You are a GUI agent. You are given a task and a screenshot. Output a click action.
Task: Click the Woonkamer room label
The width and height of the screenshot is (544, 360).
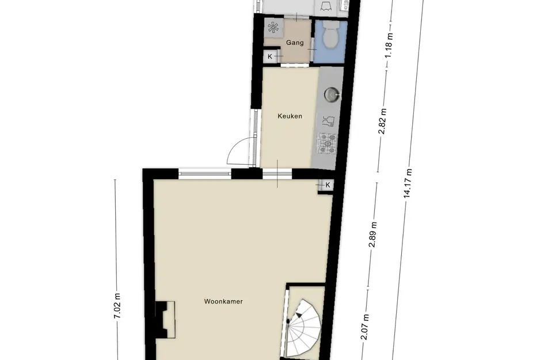click(x=223, y=301)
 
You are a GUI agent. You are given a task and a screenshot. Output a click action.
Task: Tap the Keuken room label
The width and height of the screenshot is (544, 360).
click(x=290, y=116)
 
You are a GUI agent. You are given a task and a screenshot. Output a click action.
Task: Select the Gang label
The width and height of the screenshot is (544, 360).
click(x=295, y=43)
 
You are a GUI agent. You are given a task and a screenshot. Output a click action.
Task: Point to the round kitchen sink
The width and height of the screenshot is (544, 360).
click(x=332, y=94)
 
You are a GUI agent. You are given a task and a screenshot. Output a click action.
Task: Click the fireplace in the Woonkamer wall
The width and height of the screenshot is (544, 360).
click(x=165, y=319)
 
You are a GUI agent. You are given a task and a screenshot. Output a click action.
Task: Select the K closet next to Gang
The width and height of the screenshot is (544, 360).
click(x=270, y=56)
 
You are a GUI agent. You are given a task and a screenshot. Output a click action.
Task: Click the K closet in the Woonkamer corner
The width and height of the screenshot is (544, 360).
click(x=327, y=185)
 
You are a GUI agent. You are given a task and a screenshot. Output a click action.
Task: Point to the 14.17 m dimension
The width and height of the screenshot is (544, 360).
click(x=408, y=183)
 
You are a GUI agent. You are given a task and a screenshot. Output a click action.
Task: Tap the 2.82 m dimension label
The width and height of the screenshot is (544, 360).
click(x=382, y=121)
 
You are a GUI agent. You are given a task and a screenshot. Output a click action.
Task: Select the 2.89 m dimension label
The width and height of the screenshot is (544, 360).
click(x=373, y=234)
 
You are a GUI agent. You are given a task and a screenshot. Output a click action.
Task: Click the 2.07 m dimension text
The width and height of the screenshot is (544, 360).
click(x=365, y=327)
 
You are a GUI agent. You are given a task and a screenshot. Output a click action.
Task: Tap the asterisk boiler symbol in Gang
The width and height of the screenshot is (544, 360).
click(x=273, y=28)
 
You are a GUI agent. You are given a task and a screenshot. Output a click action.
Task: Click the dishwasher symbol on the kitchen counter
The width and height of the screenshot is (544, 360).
click(x=328, y=121)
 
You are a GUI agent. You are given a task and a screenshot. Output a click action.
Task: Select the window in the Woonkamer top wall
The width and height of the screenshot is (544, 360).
click(x=205, y=173)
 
